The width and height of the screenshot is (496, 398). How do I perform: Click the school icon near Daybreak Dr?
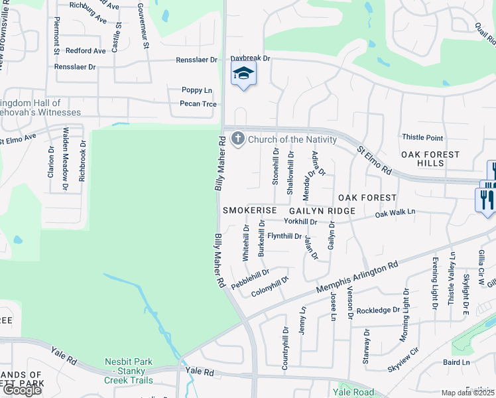243,75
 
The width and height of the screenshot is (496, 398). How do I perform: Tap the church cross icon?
240,139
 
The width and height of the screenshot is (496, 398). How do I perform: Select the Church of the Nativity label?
292,139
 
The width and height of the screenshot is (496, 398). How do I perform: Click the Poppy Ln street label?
197,90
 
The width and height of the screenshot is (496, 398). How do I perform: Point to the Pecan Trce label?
198,103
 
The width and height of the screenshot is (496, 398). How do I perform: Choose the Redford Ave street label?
86,50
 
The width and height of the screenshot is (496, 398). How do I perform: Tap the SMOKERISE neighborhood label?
249,210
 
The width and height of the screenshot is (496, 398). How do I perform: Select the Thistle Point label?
422,137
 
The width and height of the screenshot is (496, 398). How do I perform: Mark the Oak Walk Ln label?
395,213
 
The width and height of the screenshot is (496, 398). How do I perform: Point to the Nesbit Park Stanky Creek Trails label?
129,371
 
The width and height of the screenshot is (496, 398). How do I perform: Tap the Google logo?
22,390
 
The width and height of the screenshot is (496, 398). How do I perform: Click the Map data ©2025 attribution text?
467,393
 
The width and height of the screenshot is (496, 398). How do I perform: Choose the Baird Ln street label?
456,362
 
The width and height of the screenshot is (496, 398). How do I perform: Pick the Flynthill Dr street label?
284,236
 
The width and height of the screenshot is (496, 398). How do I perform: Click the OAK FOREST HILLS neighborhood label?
430,159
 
